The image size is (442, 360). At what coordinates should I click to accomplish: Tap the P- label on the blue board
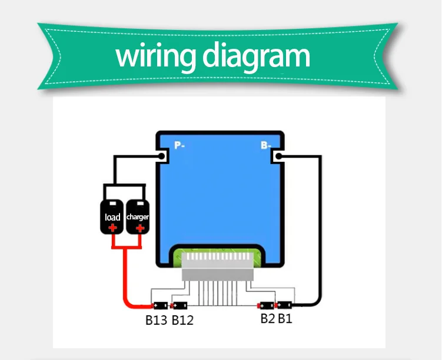tap(180, 145)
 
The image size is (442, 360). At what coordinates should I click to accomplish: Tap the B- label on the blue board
tap(266, 145)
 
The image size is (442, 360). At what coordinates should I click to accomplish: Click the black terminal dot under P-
tap(161, 156)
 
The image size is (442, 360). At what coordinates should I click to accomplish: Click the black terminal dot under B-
tap(278, 156)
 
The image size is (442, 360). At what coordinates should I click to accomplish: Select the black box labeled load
tap(112, 216)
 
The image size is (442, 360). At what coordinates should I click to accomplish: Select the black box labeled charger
tap(138, 216)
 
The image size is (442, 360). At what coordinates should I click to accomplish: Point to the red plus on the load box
tap(113, 228)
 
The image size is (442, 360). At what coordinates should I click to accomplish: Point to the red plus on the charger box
tap(140, 228)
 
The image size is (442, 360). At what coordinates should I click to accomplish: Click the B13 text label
tap(156, 320)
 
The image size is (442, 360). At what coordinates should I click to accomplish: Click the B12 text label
tap(182, 320)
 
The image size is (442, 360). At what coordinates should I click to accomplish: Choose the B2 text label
tap(268, 319)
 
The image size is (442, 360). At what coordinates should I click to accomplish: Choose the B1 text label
tap(285, 319)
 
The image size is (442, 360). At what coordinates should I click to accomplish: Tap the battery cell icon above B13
tap(160, 305)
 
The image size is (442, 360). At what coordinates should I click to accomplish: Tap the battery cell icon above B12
tap(179, 305)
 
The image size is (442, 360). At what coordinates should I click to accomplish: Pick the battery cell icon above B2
tap(266, 305)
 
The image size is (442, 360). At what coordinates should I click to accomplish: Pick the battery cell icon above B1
tap(284, 305)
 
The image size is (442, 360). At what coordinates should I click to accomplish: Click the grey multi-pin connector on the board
tap(218, 266)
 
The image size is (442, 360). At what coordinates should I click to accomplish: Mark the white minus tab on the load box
tap(113, 204)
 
